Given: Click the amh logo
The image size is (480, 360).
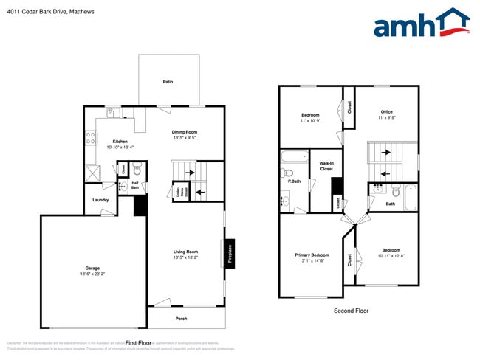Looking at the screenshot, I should pos(421,24).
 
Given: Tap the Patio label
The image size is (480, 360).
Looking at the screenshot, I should pos(168,83).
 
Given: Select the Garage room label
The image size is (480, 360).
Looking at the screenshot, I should pos(92,268).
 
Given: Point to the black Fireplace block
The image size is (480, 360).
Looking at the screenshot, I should pos(230,252).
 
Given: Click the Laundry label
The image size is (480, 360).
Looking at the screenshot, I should pos(101,200).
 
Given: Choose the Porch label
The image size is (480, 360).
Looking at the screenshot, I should pos(181,319).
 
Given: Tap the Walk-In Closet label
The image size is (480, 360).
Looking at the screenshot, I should pos(326,166).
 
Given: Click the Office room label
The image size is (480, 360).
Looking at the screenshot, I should pos(386,111).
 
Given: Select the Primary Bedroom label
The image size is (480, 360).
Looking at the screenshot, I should pos(312,255).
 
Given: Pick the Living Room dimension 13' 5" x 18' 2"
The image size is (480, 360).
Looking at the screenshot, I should pos(185,257).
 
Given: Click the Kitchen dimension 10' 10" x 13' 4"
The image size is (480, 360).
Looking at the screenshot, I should pos(120,148).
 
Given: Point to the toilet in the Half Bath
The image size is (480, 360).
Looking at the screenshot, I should pos(137,170).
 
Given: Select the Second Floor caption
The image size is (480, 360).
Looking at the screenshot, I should pos(351,311).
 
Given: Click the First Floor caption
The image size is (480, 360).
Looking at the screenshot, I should pos(138,343).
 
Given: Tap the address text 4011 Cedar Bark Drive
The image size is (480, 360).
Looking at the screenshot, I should pos(40,12).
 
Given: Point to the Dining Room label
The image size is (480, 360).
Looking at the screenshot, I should pos(185,132).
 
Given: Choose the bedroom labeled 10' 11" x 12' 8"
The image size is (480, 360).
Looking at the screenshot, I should pos(391,255).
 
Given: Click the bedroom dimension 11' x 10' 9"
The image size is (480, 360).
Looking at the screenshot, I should pos(310,121).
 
